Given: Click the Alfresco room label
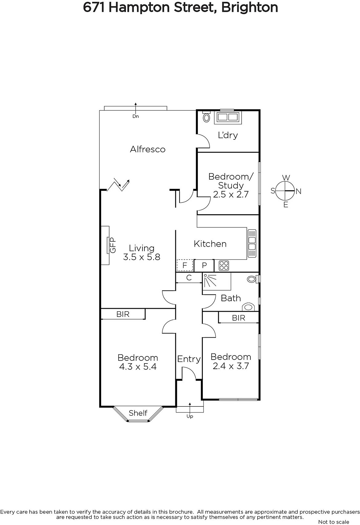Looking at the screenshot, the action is tap(148, 149).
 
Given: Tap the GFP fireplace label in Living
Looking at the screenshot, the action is tap(113, 245).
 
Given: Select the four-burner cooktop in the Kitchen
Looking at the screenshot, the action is tap(224, 266).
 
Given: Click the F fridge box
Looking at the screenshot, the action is tap(185, 265).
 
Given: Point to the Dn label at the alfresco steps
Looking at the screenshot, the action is tap(136, 116).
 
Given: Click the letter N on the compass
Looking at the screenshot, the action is tap(298, 192).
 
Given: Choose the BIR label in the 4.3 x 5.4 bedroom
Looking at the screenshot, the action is tap(123, 314).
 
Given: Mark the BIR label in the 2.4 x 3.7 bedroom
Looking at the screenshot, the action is tap(239, 318).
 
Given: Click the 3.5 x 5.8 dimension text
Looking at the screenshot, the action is tap(141, 257).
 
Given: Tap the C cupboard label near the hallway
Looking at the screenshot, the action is tap(189, 278).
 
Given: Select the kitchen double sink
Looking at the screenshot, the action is tap(252, 243).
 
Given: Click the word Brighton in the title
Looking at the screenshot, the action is tap(250, 8).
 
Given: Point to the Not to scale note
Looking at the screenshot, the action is tap(334, 522).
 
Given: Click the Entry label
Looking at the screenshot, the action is tap(189, 359).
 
